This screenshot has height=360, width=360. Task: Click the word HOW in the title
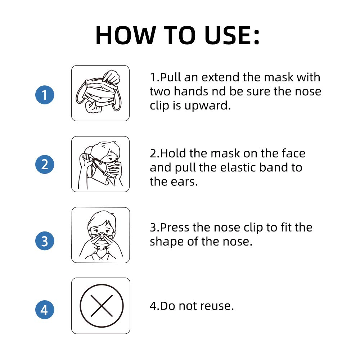(x=126, y=35)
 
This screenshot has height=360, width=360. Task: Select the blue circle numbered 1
(x=45, y=95)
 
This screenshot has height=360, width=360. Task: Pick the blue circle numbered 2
(x=45, y=165)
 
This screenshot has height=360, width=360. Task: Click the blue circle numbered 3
(x=45, y=240)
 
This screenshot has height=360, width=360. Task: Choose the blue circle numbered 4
(x=45, y=310)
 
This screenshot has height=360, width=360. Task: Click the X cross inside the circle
(x=102, y=306)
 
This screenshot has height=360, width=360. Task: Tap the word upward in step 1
(x=208, y=106)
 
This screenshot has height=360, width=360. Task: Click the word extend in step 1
(x=220, y=77)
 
